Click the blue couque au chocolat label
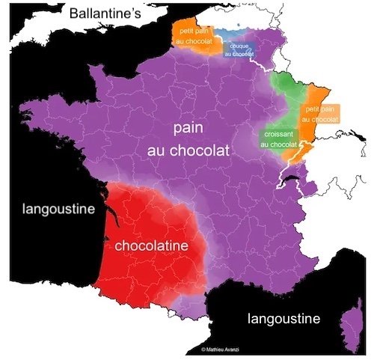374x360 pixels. pos(238,49)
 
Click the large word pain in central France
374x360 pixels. pos(188,129)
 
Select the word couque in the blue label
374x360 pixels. pos(238,46)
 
